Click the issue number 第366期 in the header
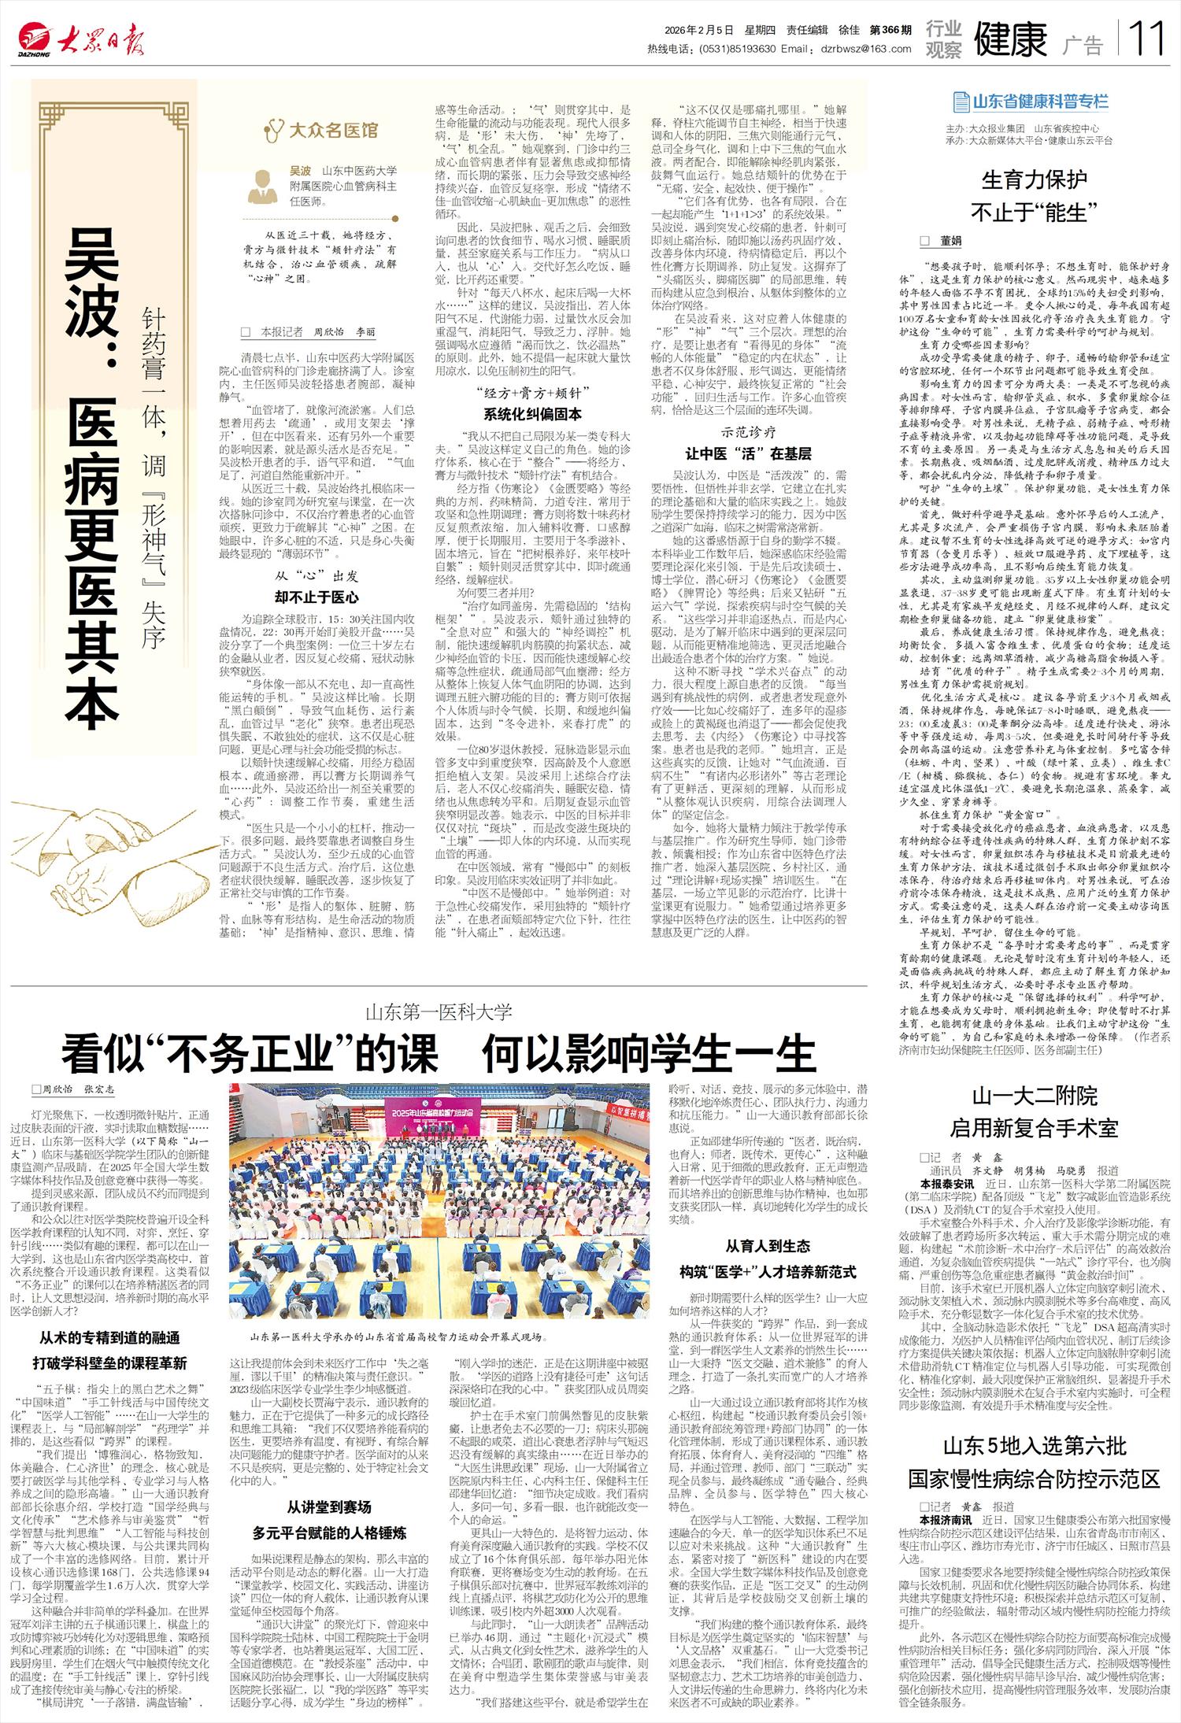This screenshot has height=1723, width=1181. [890, 31]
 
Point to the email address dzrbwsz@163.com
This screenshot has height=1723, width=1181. [865, 49]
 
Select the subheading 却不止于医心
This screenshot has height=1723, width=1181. [316, 597]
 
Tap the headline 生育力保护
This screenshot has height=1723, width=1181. [1034, 180]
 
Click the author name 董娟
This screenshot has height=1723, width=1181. [950, 240]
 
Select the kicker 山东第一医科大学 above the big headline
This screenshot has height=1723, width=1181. [439, 1012]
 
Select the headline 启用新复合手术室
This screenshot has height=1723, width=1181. [1034, 1128]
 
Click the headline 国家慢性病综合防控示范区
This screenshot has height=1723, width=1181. [1034, 1479]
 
